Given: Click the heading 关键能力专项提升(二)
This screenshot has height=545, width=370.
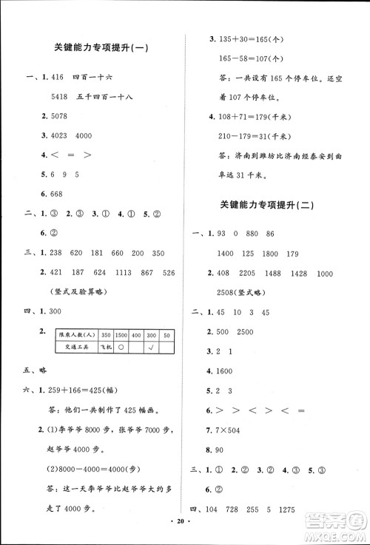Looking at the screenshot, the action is (268, 206).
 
